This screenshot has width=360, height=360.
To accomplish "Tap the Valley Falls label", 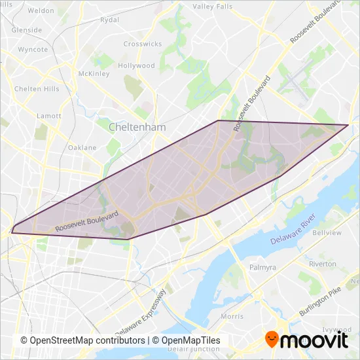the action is [x=212, y=7].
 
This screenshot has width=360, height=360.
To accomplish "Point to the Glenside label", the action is [x=27, y=30].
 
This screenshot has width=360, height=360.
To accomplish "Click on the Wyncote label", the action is [x=33, y=50].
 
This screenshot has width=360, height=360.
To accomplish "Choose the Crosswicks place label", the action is [x=142, y=44].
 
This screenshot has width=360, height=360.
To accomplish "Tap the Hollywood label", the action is [x=136, y=66].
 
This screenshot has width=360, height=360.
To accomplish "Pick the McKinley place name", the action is [x=92, y=73].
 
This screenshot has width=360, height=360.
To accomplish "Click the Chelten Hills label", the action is [x=37, y=89].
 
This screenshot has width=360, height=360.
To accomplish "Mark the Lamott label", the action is [x=49, y=116].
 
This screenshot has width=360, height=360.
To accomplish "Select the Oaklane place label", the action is [x=82, y=148].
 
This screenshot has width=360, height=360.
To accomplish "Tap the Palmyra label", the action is [x=264, y=268].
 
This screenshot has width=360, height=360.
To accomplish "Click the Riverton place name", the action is [x=322, y=264].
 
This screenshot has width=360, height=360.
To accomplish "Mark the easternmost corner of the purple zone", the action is [x=348, y=124].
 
